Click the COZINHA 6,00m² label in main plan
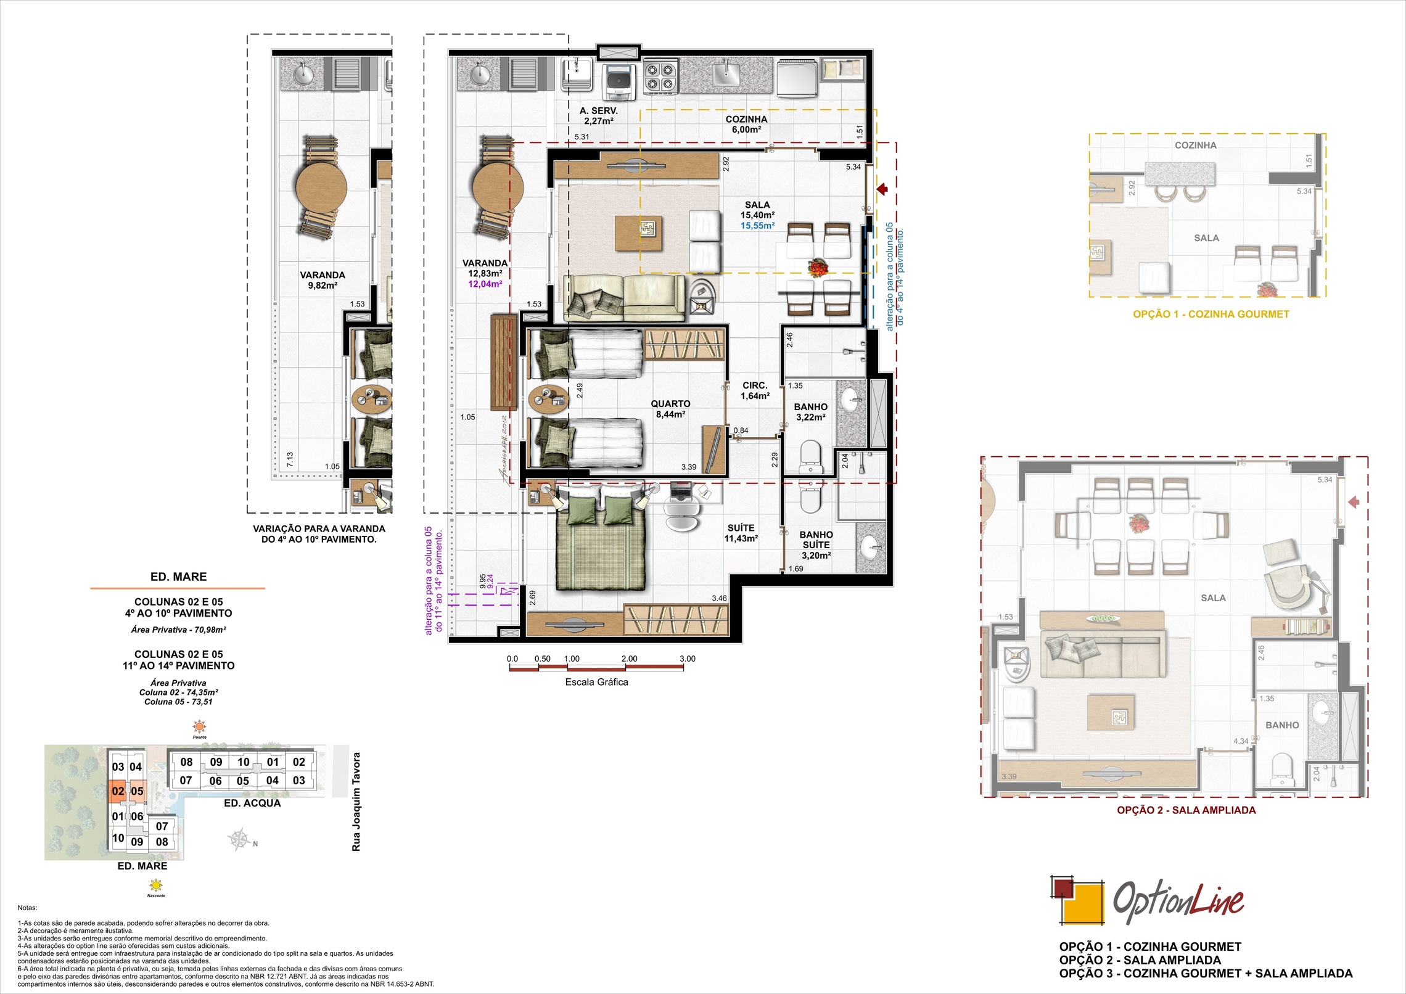pos(746,125)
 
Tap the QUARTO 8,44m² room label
pos(670,409)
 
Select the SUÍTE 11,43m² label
pos(741,533)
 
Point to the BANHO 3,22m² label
pos(810,412)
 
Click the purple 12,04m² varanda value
pos(485,284)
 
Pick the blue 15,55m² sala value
pos(757,226)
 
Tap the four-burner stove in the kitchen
pos(660,77)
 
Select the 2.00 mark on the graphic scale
pos(629,659)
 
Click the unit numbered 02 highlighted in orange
pos(118,791)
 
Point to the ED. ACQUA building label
pos(252,803)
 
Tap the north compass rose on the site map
pos(239,840)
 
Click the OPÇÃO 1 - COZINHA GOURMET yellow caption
pos(1211,314)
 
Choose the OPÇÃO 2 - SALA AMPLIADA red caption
pos(1186,810)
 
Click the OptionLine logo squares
pos(1076,900)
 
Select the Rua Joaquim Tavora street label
pos(356,802)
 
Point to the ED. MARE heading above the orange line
pos(178,577)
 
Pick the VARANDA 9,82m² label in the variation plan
pos(322,280)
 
